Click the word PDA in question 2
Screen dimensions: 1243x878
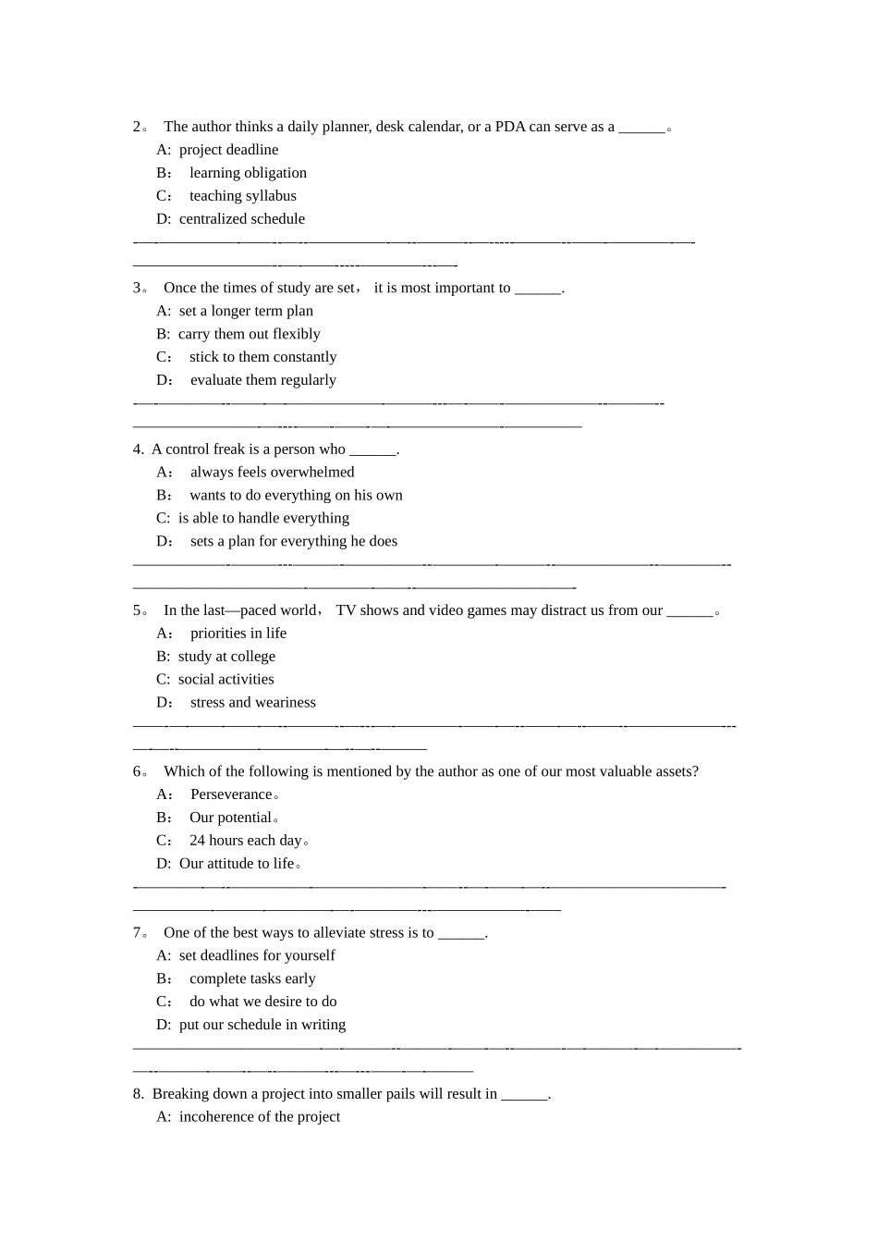tap(510, 127)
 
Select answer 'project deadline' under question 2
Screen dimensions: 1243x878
tap(228, 150)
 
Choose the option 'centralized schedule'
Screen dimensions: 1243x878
tap(241, 219)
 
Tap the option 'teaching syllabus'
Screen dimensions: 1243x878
tap(243, 196)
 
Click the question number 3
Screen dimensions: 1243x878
tap(137, 288)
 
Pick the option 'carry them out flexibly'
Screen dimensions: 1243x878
tap(249, 334)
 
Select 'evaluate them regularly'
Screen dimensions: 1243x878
tap(263, 380)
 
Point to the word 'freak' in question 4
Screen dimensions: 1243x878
tap(229, 449)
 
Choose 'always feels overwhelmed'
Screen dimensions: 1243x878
tap(273, 473)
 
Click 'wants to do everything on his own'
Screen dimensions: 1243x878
tap(296, 496)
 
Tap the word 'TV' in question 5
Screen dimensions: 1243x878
tap(346, 610)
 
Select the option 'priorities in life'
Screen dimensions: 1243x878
tap(238, 634)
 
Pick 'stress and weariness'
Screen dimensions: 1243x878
tap(253, 703)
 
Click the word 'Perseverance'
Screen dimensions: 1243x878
tap(231, 794)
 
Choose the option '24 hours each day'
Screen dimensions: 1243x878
tap(246, 841)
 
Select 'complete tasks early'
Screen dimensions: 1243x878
tap(252, 978)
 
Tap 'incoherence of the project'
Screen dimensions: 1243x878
tap(260, 1117)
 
